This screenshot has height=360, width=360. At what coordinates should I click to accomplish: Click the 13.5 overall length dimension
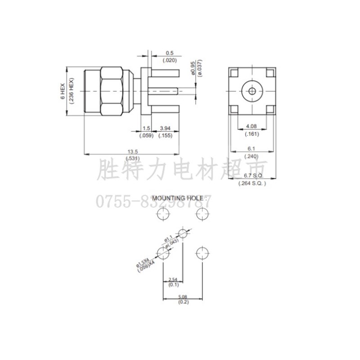coord(132,151)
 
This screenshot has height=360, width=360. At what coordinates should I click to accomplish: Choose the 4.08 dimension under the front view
coord(251,126)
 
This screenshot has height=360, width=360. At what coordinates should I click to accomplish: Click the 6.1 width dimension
coord(251,148)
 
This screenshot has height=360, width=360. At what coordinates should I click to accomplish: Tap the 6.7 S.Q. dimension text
coord(252,175)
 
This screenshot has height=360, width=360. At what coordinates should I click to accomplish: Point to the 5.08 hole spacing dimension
coord(183,296)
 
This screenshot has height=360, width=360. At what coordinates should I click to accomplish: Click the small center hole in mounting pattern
coord(183,233)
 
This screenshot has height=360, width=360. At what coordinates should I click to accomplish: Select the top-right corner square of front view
coord(270,73)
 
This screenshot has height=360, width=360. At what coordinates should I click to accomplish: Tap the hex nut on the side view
coord(111,91)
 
